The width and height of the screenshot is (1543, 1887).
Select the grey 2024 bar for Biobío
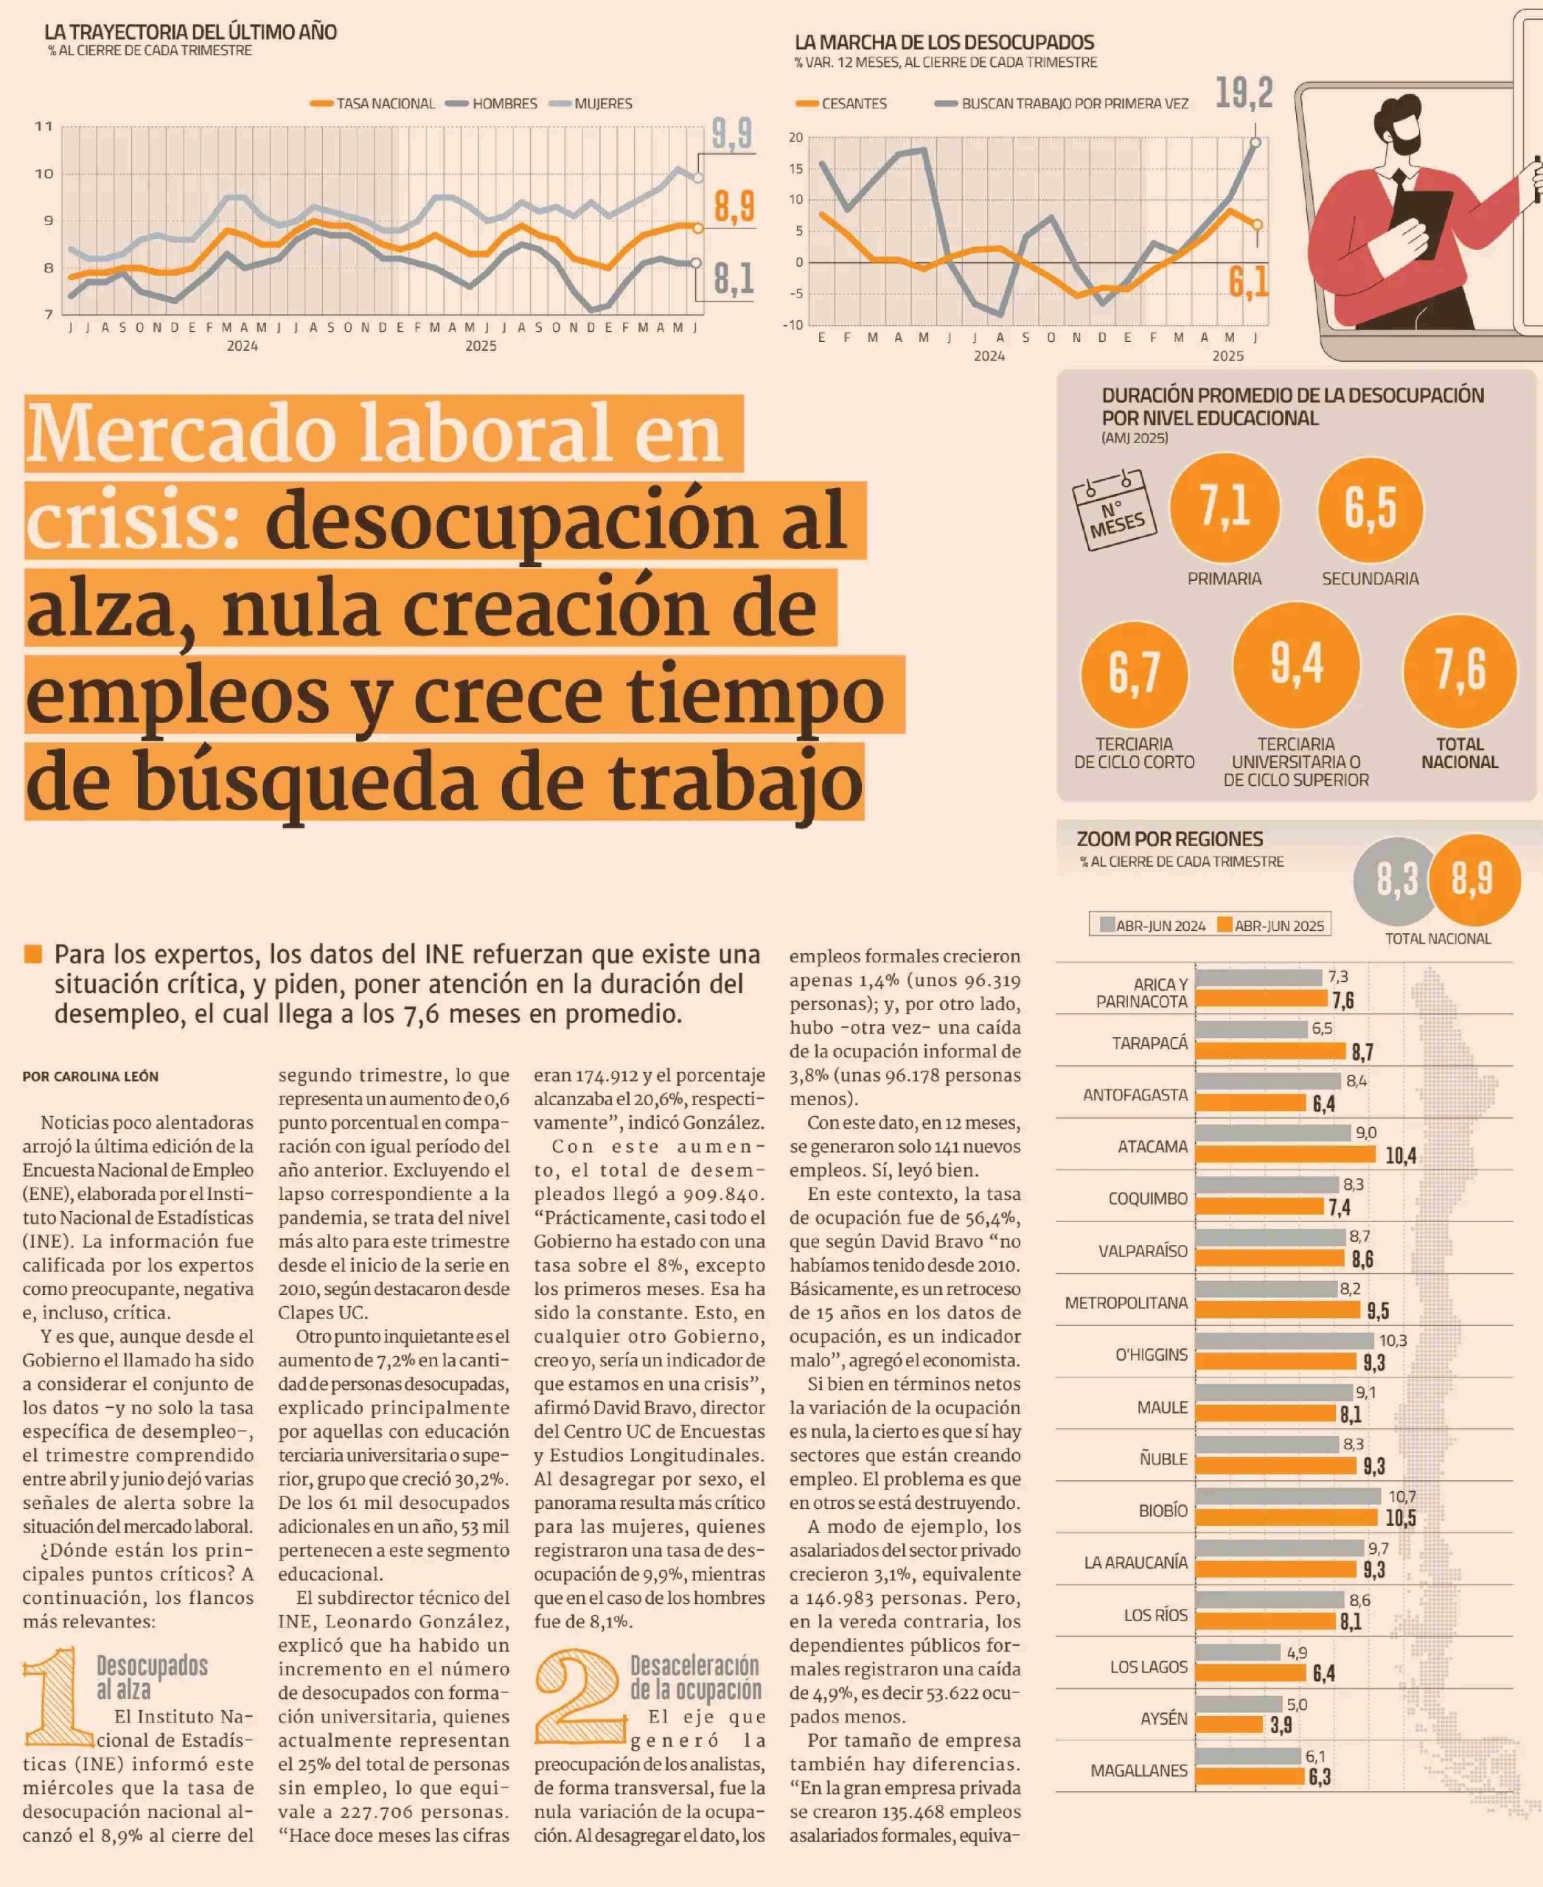[1288, 1496]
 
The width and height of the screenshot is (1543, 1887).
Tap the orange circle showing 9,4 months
[1296, 664]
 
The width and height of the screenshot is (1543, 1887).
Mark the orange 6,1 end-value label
[1248, 282]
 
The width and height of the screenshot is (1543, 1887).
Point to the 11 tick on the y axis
[43, 126]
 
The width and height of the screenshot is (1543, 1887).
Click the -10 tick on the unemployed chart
[793, 325]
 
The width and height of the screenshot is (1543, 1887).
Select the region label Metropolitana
[1126, 1303]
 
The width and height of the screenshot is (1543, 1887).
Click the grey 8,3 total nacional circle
[1396, 880]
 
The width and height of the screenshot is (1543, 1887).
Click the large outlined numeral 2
[576, 1696]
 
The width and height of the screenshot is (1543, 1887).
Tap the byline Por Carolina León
[91, 1076]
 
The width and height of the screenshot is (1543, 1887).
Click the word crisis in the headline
[133, 522]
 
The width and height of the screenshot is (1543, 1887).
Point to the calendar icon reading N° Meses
[1115, 510]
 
